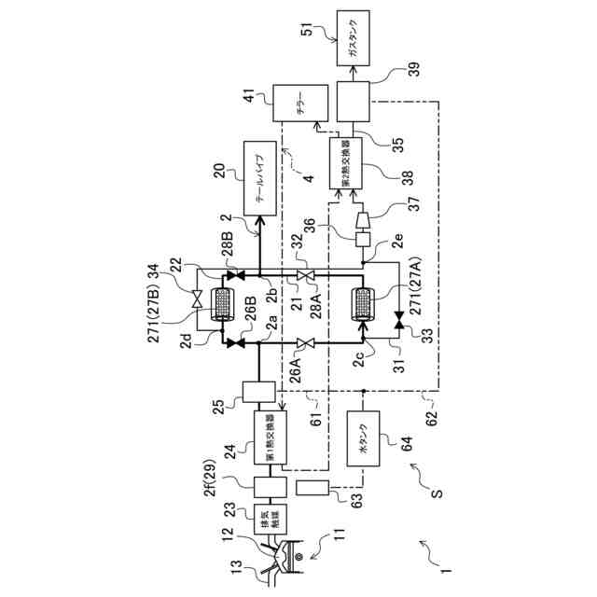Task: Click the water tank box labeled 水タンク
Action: (365, 439)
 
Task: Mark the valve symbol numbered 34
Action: (197, 298)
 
